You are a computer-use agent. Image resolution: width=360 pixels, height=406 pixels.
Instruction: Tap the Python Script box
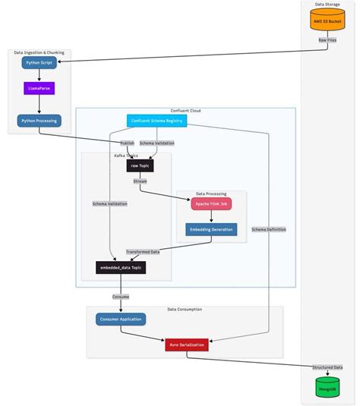coord(39,64)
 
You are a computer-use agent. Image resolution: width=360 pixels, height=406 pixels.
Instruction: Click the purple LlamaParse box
coord(39,89)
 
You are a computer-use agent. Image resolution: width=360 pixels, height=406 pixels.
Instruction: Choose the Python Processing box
coord(39,120)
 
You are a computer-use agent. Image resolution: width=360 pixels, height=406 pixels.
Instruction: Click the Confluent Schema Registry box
coord(155,120)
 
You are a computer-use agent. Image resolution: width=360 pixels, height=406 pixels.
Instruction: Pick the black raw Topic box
coord(141,165)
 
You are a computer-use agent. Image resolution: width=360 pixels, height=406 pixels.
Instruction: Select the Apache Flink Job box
coord(211,204)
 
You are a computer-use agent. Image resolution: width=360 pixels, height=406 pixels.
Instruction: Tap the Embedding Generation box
coord(211,229)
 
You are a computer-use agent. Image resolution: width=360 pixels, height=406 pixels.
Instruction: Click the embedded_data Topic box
coord(120,267)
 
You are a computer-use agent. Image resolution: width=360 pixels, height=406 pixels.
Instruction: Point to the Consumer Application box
coord(120,319)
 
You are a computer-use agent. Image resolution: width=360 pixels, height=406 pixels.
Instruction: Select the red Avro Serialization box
coord(187,345)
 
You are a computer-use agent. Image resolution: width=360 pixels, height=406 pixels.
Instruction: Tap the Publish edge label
coord(127,143)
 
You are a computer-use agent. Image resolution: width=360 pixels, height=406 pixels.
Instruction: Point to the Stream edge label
coord(141,182)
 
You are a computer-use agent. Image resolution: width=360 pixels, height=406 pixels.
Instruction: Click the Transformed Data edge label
coord(143,251)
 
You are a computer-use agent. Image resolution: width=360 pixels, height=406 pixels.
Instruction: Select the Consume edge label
coord(120,297)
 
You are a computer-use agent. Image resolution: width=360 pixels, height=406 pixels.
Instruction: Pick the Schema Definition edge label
coord(269,228)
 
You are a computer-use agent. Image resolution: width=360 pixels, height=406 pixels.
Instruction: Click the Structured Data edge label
coord(327,367)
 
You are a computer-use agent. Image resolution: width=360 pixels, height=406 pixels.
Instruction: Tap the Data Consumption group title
coord(185,310)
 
